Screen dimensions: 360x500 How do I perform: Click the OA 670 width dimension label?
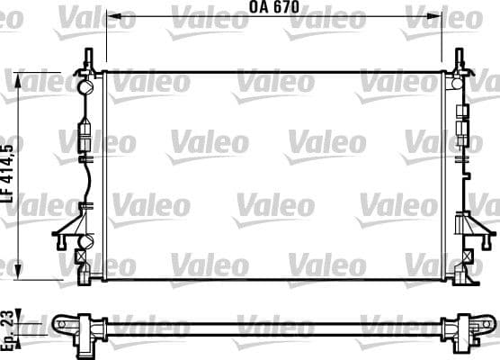coord(273,7)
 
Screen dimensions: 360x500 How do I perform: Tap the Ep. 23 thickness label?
coord(9,321)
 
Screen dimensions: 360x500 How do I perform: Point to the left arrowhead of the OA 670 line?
coord(109,16)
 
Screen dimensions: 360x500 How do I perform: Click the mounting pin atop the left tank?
coord(87,57)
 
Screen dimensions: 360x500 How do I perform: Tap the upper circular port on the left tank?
coord(87,88)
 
